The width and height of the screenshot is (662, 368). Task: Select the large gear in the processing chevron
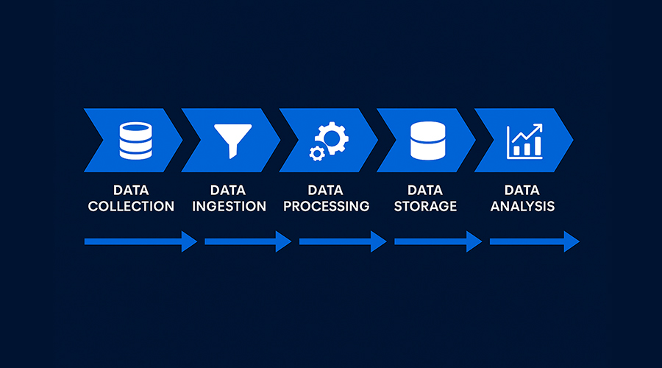332,138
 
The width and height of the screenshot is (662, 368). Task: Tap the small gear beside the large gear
317,153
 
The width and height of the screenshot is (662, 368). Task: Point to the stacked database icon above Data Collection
135,141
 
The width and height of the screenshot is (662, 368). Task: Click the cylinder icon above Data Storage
427,141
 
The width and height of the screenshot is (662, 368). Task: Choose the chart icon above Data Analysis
524,141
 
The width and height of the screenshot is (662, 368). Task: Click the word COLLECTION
131,206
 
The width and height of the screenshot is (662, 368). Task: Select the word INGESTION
229,206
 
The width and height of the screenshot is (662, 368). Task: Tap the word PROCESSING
327,206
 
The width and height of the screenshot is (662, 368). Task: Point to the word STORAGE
425,206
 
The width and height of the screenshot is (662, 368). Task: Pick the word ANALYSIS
522,206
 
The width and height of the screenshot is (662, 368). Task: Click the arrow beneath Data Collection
140,241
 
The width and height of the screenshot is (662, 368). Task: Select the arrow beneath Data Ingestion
248,241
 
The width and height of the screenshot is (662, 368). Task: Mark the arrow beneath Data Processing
343,241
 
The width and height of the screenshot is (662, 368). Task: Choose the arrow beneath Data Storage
438,241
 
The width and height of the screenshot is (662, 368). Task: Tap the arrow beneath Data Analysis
535,241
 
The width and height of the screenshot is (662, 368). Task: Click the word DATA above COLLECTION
131,190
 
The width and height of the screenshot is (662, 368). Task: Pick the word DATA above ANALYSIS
522,190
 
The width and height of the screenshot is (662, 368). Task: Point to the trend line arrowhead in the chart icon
538,127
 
